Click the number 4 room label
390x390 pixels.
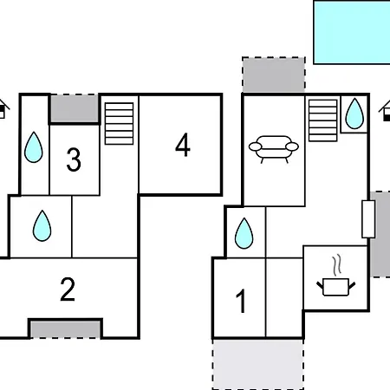[x=183, y=145]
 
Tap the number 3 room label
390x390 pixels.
[x=74, y=159]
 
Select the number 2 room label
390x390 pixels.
[x=68, y=289]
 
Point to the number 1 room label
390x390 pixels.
[x=241, y=301]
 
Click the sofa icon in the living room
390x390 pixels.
[x=274, y=149]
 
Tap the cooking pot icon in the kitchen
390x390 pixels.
[x=335, y=287]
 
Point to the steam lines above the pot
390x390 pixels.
[x=337, y=265]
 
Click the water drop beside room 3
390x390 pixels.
[x=34, y=147]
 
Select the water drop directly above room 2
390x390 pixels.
[x=42, y=225]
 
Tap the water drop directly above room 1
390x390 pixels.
[x=244, y=233]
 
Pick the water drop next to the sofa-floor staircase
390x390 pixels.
[x=354, y=114]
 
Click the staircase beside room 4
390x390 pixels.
[x=119, y=123]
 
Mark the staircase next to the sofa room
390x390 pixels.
[x=323, y=120]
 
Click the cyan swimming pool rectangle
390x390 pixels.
[x=352, y=32]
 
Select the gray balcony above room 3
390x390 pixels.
[x=75, y=108]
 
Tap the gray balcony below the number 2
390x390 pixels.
[x=66, y=329]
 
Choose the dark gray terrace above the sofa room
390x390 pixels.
[x=274, y=75]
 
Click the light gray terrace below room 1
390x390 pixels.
[x=258, y=365]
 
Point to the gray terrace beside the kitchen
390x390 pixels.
[x=380, y=234]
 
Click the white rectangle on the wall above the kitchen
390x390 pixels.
[x=368, y=219]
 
